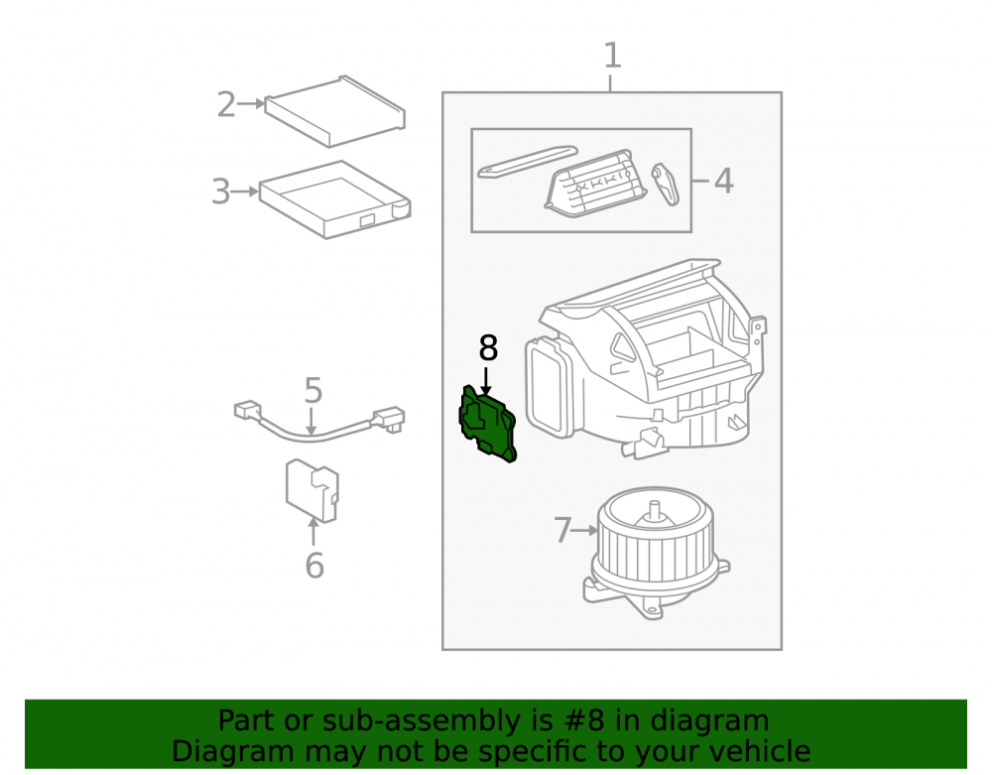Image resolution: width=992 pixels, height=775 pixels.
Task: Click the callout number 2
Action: pyautogui.click(x=226, y=104)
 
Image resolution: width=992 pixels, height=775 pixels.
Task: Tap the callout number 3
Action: pyautogui.click(x=221, y=192)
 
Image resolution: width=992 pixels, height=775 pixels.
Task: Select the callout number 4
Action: pyautogui.click(x=724, y=181)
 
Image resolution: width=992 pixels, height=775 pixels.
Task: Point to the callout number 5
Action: pyautogui.click(x=313, y=390)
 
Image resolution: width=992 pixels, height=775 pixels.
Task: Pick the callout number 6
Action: pyautogui.click(x=314, y=565)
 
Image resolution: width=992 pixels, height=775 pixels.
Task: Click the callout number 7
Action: pyautogui.click(x=562, y=530)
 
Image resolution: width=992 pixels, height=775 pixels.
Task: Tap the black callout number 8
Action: pyautogui.click(x=488, y=348)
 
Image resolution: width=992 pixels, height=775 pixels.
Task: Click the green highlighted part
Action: pyautogui.click(x=487, y=424)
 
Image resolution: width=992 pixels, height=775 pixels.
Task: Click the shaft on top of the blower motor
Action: pyautogui.click(x=654, y=508)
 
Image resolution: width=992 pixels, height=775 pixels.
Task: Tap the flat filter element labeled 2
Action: pyautogui.click(x=335, y=111)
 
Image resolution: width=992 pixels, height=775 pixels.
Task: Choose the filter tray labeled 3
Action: pyautogui.click(x=335, y=199)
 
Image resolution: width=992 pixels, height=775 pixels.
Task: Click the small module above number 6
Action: pyautogui.click(x=311, y=491)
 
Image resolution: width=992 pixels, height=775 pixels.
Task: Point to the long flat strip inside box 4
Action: pyautogui.click(x=528, y=162)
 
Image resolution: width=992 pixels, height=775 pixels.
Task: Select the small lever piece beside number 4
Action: pyautogui.click(x=665, y=185)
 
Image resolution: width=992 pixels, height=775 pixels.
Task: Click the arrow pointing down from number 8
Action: pyautogui.click(x=486, y=381)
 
